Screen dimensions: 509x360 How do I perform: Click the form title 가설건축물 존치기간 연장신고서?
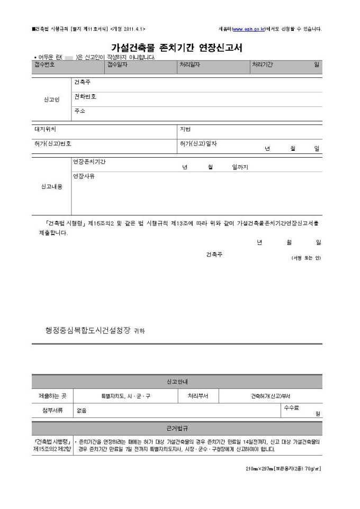[x=176, y=47]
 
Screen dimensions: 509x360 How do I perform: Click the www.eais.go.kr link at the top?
[x=248, y=29]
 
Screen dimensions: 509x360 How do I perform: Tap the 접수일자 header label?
[x=119, y=64]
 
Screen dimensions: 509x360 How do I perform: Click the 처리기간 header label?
[x=262, y=64]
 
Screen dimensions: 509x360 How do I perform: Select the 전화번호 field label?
[x=85, y=97]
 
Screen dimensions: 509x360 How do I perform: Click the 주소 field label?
[x=79, y=111]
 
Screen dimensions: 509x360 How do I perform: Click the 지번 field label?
[x=185, y=129]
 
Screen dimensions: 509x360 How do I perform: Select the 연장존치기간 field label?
[x=89, y=161]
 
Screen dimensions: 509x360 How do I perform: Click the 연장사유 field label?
[x=84, y=176]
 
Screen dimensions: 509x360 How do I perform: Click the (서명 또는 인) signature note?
[x=305, y=258]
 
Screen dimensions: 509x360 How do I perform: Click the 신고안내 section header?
[x=177, y=381]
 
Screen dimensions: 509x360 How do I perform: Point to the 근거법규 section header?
[x=177, y=427]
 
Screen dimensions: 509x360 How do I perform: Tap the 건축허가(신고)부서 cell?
[x=271, y=396]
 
